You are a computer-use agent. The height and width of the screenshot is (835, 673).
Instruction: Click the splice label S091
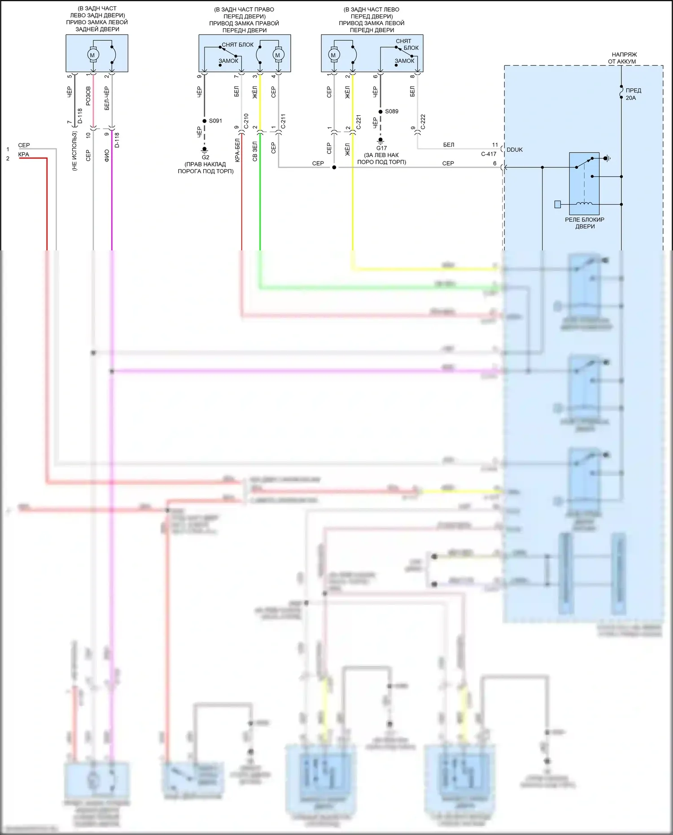215,121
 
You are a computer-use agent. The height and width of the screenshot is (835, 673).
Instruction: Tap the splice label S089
392,111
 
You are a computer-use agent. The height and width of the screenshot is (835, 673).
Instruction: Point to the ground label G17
381,148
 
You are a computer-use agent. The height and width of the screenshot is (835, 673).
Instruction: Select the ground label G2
205,157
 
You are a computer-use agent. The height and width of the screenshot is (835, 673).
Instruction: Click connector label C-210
246,122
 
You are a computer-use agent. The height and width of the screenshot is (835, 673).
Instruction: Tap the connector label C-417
489,154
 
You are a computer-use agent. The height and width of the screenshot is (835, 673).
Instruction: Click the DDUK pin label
515,150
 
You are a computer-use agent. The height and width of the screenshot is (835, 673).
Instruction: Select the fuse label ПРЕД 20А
633,94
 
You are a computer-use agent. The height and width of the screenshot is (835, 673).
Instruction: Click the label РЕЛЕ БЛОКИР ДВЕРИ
585,223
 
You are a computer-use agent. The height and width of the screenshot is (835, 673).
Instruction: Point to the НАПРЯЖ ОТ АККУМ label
622,58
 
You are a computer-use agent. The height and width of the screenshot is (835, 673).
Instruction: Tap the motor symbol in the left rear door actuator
93,55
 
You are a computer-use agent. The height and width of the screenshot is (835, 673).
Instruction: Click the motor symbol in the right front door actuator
277,55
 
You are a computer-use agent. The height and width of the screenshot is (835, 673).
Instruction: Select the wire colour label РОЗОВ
88,96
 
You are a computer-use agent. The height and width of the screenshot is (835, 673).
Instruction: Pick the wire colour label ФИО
107,156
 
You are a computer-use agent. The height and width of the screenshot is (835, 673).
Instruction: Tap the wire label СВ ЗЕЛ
255,152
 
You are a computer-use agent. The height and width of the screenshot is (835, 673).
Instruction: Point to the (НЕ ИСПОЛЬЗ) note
74,151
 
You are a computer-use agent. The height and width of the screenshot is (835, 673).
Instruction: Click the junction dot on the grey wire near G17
334,167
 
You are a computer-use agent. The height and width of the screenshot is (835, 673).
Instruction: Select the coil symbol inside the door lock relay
584,204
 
